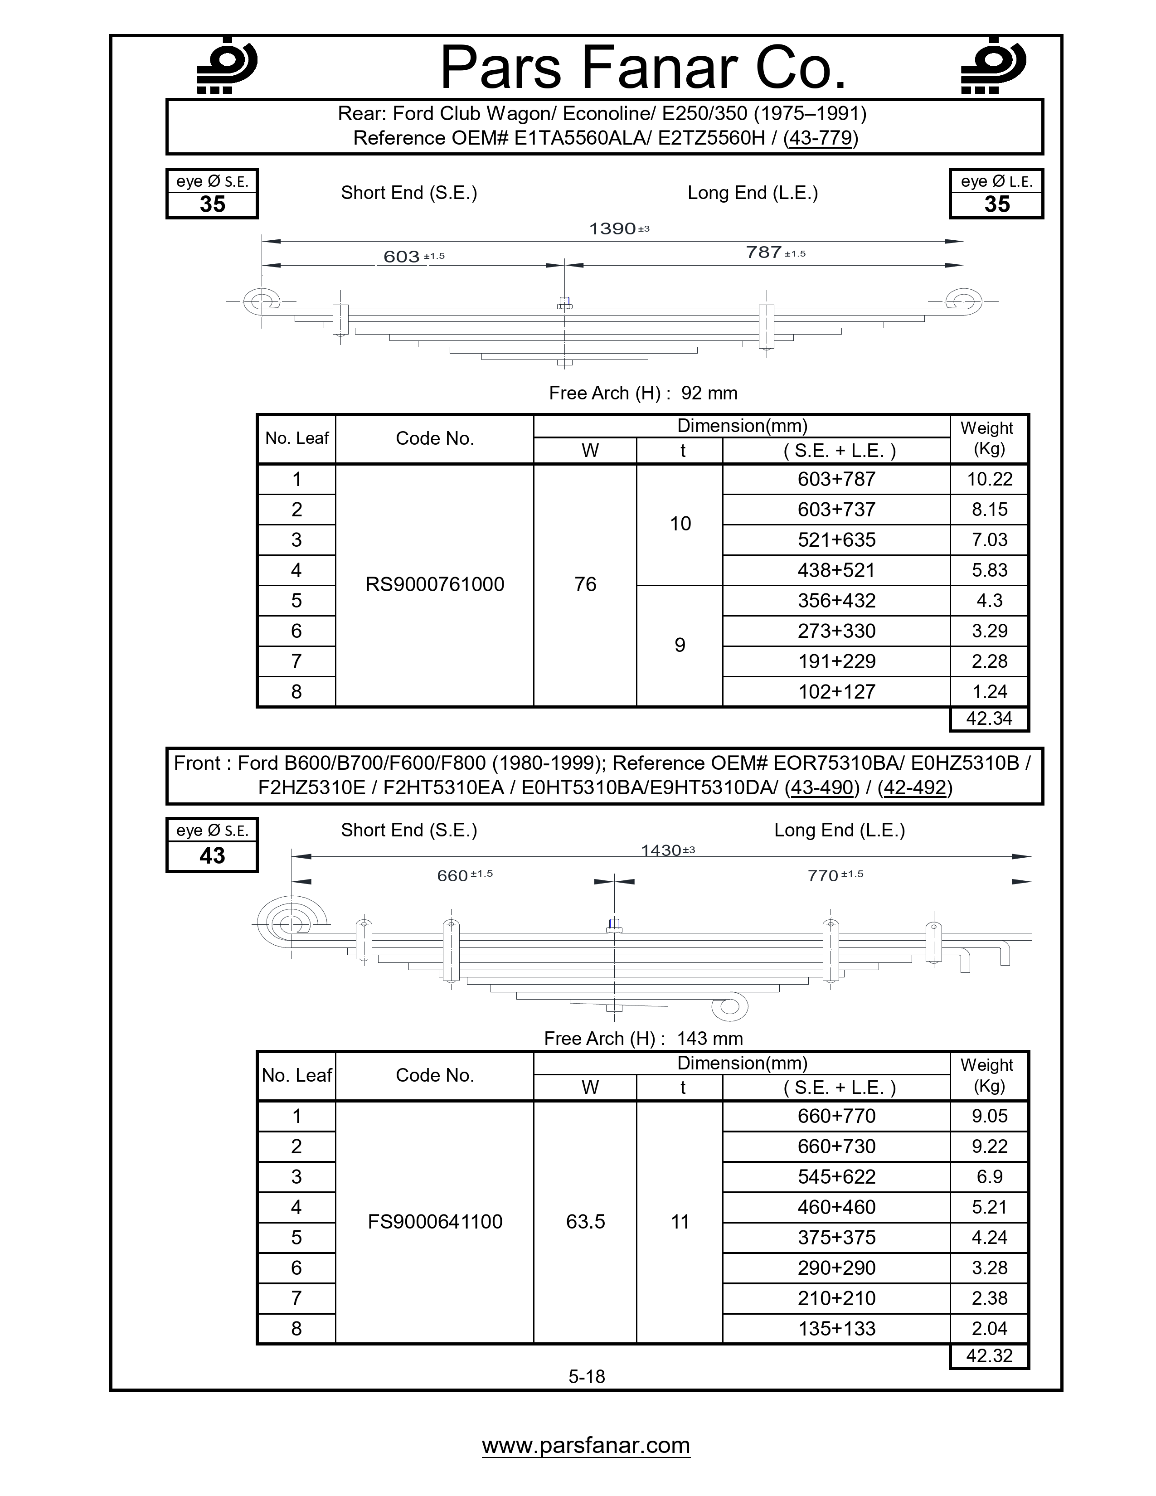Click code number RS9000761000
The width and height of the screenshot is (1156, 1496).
click(x=435, y=584)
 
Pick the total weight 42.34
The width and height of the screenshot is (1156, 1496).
click(x=989, y=719)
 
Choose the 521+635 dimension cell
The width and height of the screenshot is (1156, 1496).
click(x=836, y=540)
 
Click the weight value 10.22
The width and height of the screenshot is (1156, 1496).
click(x=989, y=480)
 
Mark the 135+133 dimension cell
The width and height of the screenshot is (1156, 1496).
click(x=836, y=1328)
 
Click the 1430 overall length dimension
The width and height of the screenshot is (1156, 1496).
click(x=661, y=851)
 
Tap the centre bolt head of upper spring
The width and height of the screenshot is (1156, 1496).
click(x=564, y=301)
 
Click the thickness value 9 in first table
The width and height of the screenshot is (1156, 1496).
click(x=680, y=645)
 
